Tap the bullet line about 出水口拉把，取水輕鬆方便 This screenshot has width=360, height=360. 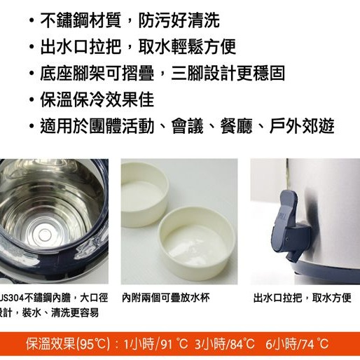137,46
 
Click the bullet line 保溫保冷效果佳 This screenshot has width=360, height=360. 96,99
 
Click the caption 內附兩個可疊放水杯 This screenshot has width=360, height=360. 166,298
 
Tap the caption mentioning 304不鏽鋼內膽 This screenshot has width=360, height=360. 49,298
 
